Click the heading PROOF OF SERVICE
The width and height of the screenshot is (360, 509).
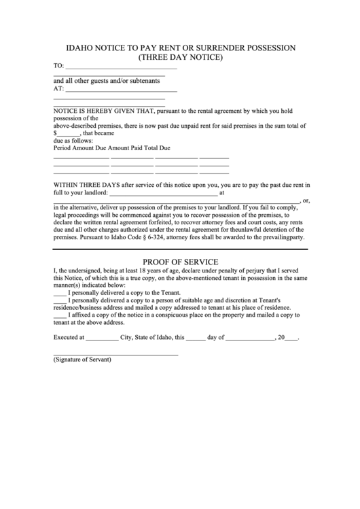pyautogui.click(x=180, y=262)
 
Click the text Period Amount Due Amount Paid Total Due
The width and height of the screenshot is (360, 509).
pyautogui.click(x=111, y=147)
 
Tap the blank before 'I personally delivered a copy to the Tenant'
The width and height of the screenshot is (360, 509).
pyautogui.click(x=60, y=293)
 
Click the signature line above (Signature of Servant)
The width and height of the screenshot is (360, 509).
pyautogui.click(x=115, y=354)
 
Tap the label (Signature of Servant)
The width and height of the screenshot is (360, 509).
pyautogui.click(x=82, y=360)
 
